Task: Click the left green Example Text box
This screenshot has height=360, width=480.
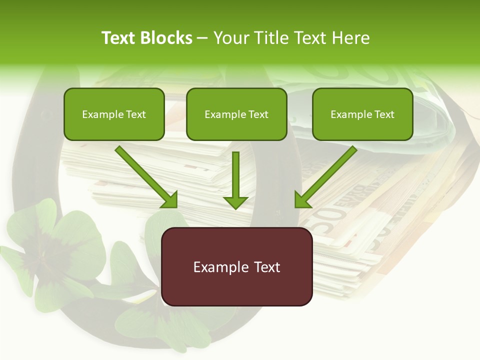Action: [114, 114]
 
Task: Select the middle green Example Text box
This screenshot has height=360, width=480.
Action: [236, 114]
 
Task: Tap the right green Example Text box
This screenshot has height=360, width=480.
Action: [362, 114]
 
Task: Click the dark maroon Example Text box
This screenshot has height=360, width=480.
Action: [236, 266]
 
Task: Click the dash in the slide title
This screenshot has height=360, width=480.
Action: [203, 38]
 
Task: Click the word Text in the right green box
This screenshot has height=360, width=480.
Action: [384, 114]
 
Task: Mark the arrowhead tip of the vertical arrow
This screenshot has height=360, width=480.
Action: [235, 208]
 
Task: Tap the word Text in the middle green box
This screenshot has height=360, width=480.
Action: [258, 114]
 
